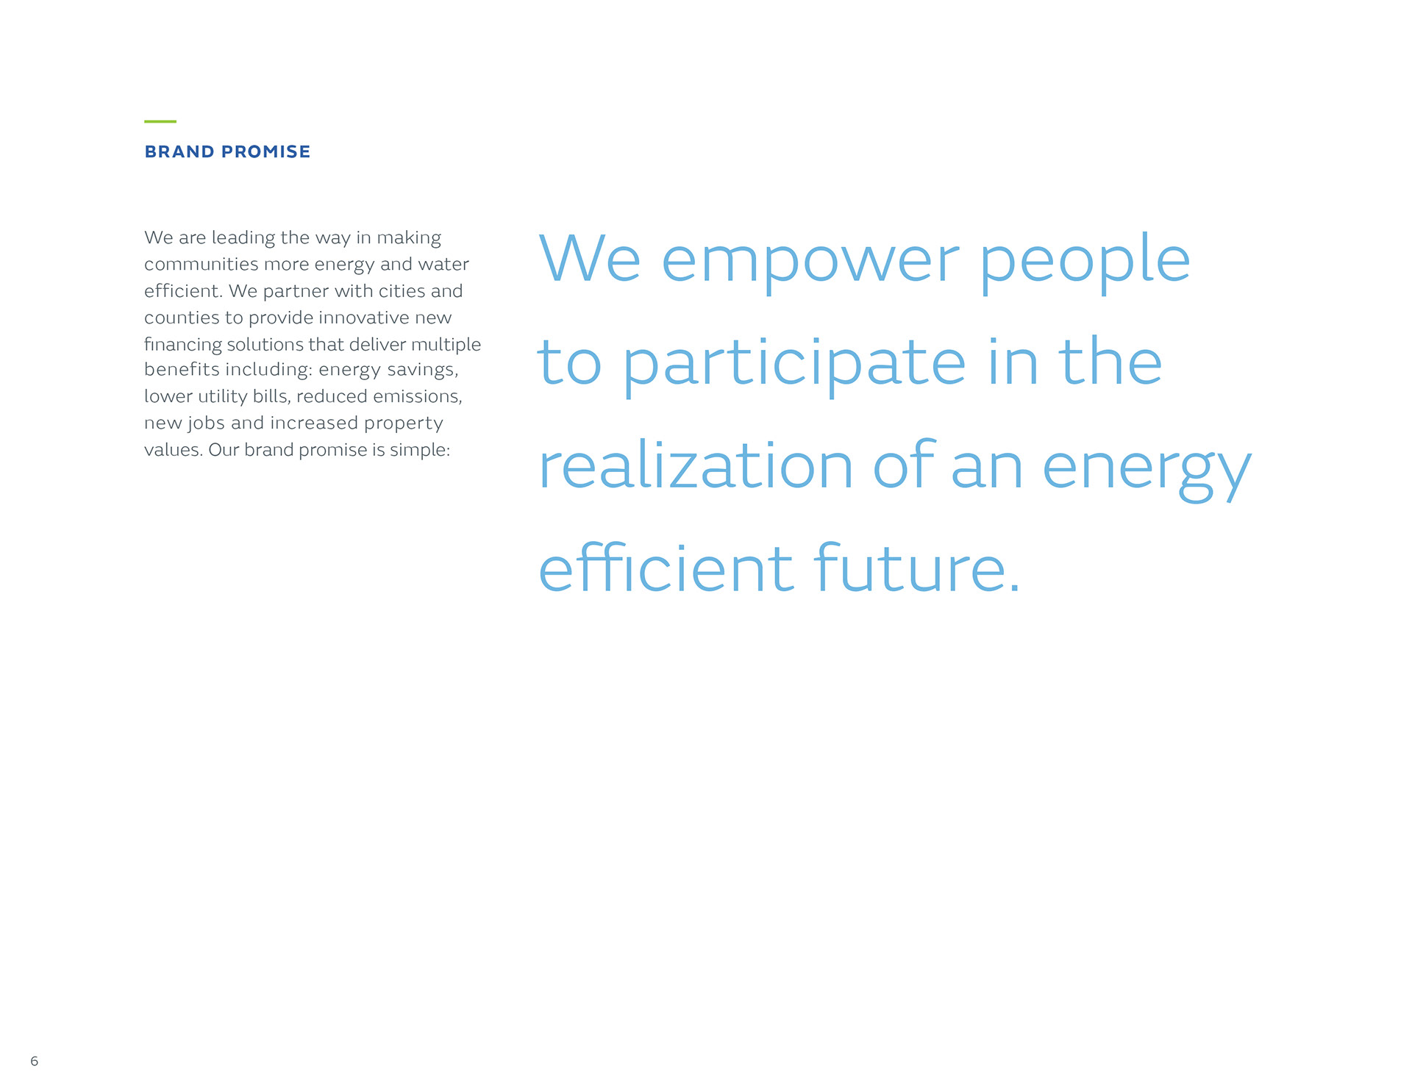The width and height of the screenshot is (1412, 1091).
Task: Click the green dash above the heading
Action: [160, 121]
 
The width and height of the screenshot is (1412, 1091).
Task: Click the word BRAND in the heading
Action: [179, 151]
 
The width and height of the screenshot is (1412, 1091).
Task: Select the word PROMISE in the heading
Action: [266, 151]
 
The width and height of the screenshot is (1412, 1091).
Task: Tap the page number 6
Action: [34, 1061]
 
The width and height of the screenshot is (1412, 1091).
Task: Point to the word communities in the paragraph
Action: [201, 264]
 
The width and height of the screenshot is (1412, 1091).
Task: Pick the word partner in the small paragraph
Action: [296, 292]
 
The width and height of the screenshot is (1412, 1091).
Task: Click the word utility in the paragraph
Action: [222, 397]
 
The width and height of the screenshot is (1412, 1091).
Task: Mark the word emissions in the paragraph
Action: [418, 397]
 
